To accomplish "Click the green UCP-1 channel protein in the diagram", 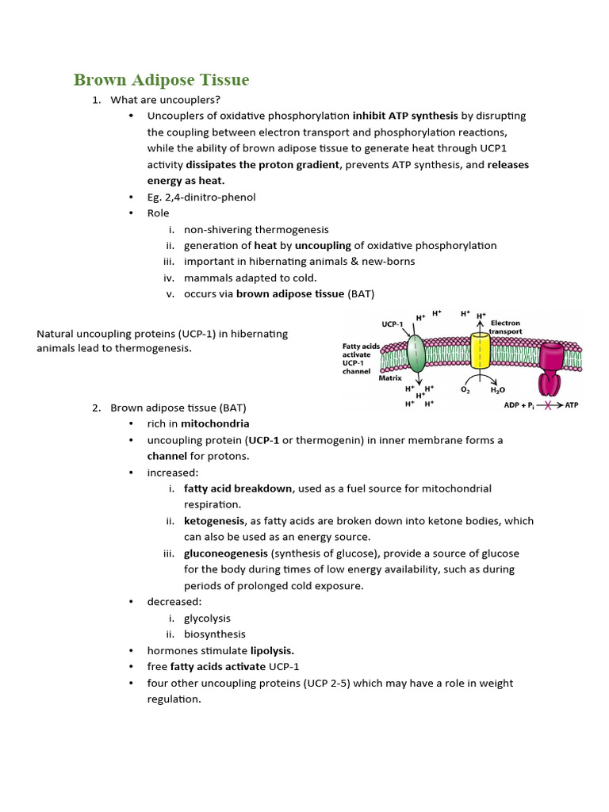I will [x=416, y=354].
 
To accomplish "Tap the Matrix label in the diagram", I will [x=390, y=378].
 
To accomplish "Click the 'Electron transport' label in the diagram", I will [x=506, y=327].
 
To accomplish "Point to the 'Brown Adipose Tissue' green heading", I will [x=161, y=80].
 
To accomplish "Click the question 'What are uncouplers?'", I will [x=165, y=100].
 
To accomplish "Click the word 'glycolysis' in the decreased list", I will [x=208, y=618].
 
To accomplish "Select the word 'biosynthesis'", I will [x=214, y=634].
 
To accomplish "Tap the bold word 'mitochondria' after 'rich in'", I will [x=215, y=423].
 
